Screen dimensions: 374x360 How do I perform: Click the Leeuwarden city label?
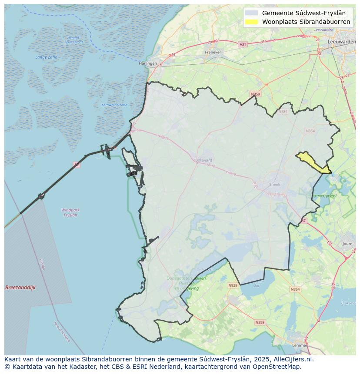342,41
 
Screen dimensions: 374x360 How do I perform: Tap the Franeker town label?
213,52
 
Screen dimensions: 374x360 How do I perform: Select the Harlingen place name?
148,63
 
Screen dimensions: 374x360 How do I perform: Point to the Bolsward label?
204,160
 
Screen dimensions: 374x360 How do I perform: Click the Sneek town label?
275,184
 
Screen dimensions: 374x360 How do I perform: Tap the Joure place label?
347,244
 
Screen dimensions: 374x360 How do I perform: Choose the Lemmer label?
300,345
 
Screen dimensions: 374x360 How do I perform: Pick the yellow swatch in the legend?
251,22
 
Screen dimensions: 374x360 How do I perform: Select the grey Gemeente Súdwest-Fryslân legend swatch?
251,13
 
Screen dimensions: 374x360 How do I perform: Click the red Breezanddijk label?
20,288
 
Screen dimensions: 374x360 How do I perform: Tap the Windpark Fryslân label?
70,212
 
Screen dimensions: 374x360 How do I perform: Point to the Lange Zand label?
46,57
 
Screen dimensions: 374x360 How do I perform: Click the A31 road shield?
243,44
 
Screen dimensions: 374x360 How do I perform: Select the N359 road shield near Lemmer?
260,322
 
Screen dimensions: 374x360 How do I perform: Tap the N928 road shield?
233,285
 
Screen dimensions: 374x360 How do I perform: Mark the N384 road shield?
283,112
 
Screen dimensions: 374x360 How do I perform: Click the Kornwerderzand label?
114,105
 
